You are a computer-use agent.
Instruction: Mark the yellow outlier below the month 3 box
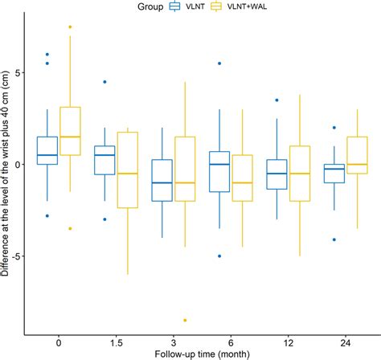click(185, 321)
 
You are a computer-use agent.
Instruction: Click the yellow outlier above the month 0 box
click(70, 27)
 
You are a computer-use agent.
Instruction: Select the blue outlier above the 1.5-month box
click(104, 82)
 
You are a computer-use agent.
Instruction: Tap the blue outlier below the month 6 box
click(219, 256)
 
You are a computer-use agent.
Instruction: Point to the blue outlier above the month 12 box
click(277, 100)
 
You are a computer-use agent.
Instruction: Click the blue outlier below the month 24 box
click(334, 239)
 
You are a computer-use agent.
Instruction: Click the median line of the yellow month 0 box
click(70, 137)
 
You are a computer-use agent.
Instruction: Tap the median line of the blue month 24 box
click(334, 169)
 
